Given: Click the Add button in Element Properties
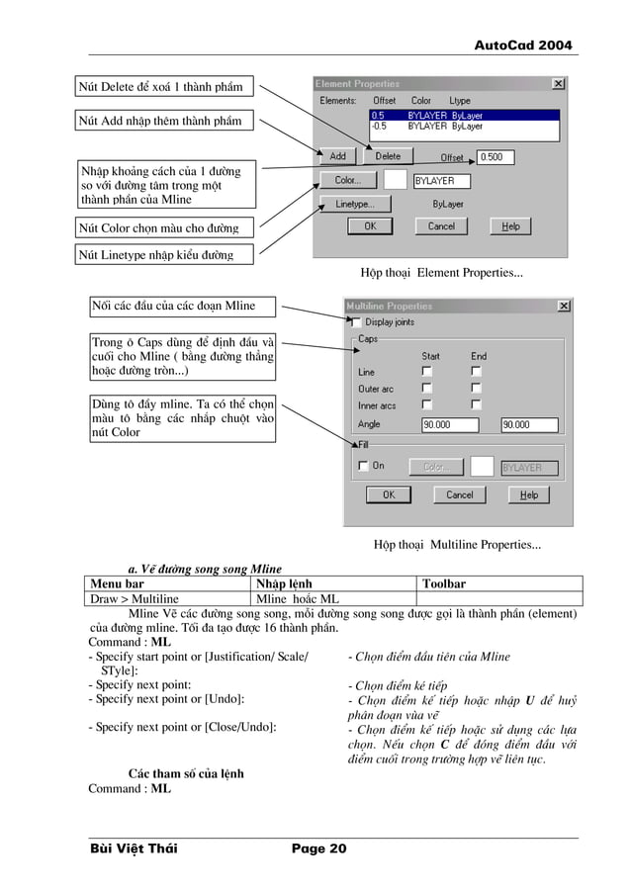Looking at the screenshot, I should [x=337, y=156].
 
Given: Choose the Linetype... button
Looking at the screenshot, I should [x=354, y=204].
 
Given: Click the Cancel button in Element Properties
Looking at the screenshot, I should [x=440, y=226].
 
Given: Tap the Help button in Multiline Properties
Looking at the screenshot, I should [x=529, y=494].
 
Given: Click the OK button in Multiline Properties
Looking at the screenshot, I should [x=389, y=494].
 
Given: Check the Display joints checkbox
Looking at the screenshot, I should [x=357, y=322].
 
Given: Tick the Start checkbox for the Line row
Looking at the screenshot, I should [x=427, y=372].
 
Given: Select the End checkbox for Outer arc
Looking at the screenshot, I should [x=476, y=389].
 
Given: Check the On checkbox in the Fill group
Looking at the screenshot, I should [x=363, y=466].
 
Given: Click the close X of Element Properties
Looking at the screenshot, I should [x=559, y=84].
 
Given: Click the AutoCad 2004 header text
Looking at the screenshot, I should [x=523, y=45].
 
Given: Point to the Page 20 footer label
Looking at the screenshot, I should [x=318, y=848].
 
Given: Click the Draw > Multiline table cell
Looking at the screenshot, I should [x=135, y=598].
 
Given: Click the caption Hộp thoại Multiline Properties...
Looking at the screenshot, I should [x=457, y=544].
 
